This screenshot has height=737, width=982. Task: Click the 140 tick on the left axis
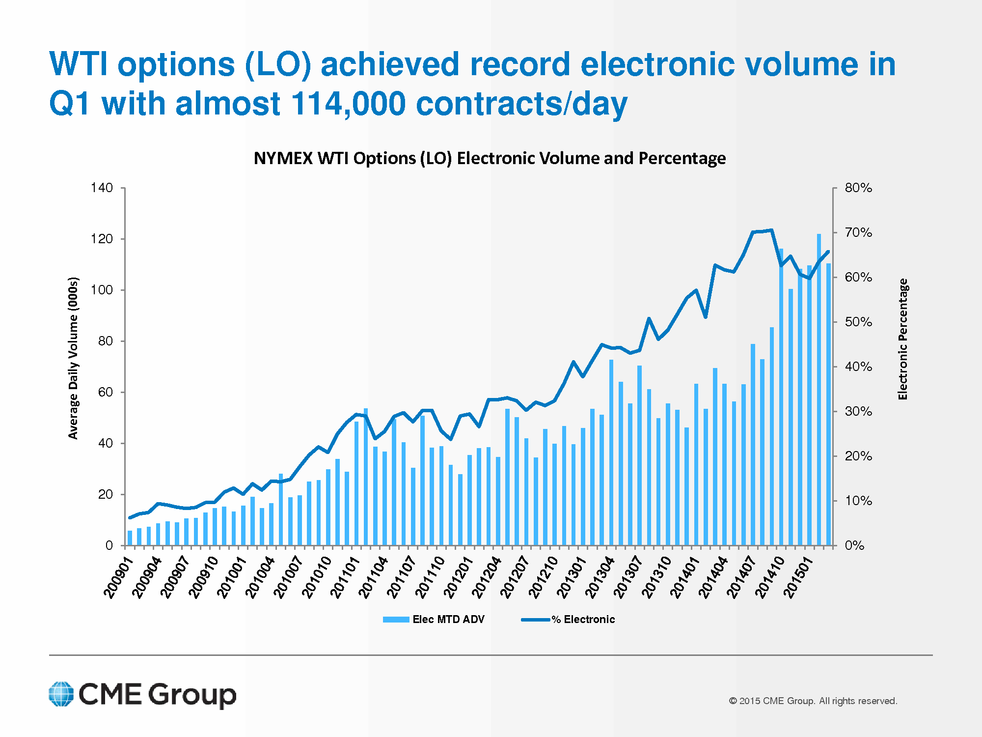click(102, 188)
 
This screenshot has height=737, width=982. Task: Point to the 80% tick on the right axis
click(858, 188)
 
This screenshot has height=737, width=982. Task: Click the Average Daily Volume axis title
click(73, 358)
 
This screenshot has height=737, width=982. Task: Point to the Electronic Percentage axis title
click(902, 339)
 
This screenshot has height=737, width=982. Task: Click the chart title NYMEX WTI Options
click(490, 158)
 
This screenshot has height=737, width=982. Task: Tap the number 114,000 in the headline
click(348, 104)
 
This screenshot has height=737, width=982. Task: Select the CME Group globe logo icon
click(61, 694)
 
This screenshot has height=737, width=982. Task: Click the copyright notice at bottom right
click(813, 701)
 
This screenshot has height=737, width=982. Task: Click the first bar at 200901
click(130, 538)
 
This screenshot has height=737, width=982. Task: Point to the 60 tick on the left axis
click(105, 392)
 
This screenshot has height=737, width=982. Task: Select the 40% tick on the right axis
click(858, 367)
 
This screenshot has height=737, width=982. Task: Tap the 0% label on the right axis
click(854, 545)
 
